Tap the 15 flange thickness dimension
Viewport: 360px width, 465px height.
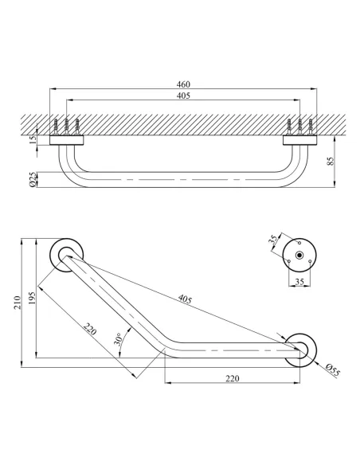pyautogui.click(x=31, y=142)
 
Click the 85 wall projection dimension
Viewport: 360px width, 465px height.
pyautogui.click(x=331, y=162)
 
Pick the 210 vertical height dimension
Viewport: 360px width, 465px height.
pyautogui.click(x=17, y=303)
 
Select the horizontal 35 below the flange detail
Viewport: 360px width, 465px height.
pyautogui.click(x=299, y=282)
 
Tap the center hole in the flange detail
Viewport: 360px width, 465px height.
pyautogui.click(x=299, y=255)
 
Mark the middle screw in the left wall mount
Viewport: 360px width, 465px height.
pyautogui.click(x=66, y=127)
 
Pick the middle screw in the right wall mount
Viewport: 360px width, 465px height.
pyautogui.click(x=299, y=127)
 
